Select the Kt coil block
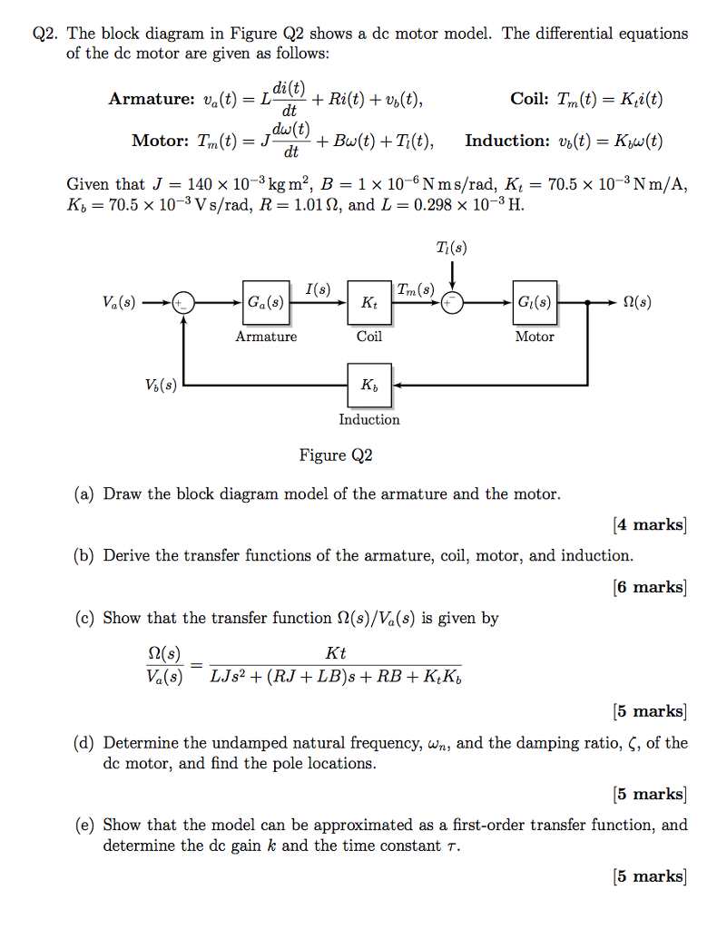[x=368, y=303]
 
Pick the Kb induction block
[x=368, y=385]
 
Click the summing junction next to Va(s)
[x=184, y=303]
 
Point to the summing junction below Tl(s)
[x=452, y=303]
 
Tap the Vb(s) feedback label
[x=160, y=386]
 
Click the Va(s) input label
[x=119, y=303]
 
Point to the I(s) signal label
[x=317, y=289]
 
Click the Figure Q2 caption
[x=336, y=455]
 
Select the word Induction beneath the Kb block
[x=368, y=419]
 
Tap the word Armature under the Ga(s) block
[x=266, y=337]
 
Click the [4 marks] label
[x=650, y=524]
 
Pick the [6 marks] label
[x=650, y=587]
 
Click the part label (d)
[x=84, y=744]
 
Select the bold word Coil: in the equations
[x=529, y=100]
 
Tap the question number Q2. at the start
[x=45, y=34]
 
